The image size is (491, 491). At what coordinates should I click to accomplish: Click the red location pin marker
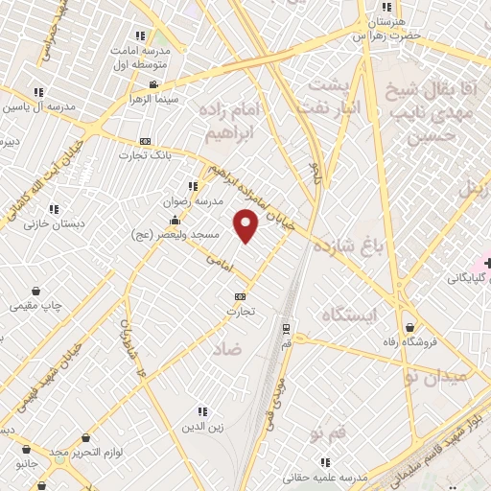point(247,226)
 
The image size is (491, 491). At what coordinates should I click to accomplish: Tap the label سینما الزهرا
point(154,99)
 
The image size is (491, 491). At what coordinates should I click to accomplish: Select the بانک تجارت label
point(144,155)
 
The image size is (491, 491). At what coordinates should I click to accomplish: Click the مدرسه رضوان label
point(196,202)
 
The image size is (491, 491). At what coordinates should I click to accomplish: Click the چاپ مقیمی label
point(36,306)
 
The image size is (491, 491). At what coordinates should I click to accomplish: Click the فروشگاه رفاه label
point(410,343)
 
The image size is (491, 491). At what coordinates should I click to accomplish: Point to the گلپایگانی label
point(469,279)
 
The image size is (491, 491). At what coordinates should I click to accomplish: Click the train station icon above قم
point(286,328)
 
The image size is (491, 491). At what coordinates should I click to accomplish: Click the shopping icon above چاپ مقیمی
point(36,290)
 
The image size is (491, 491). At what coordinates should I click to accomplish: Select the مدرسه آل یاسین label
point(36,106)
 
